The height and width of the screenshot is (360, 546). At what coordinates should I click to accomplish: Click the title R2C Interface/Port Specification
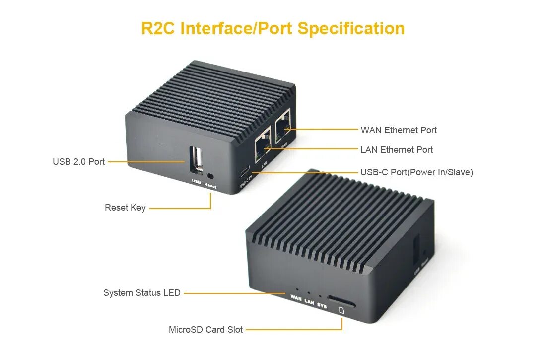coord(273,28)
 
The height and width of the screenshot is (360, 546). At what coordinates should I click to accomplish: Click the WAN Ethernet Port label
coord(399,130)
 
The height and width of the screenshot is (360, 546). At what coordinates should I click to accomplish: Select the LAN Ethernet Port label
coord(397,150)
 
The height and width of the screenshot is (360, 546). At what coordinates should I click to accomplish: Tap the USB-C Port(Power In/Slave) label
coord(416,172)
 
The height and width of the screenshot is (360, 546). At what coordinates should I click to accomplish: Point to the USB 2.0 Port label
coord(79,162)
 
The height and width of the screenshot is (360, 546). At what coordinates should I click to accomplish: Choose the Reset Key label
coord(125,208)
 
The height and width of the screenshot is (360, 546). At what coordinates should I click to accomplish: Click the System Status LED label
coord(142,293)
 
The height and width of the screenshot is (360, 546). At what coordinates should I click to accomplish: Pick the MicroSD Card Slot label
coord(206,329)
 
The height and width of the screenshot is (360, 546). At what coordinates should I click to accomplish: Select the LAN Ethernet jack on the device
coord(263,144)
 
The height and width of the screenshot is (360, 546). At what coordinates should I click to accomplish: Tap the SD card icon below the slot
coord(341,311)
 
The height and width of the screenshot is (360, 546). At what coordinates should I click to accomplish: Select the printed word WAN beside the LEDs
coord(296,298)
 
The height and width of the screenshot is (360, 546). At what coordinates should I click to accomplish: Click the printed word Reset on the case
coord(210,186)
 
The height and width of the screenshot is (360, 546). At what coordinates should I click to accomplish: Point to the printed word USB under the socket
coord(196,182)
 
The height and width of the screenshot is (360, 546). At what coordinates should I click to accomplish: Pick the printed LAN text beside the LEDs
coord(309,302)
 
